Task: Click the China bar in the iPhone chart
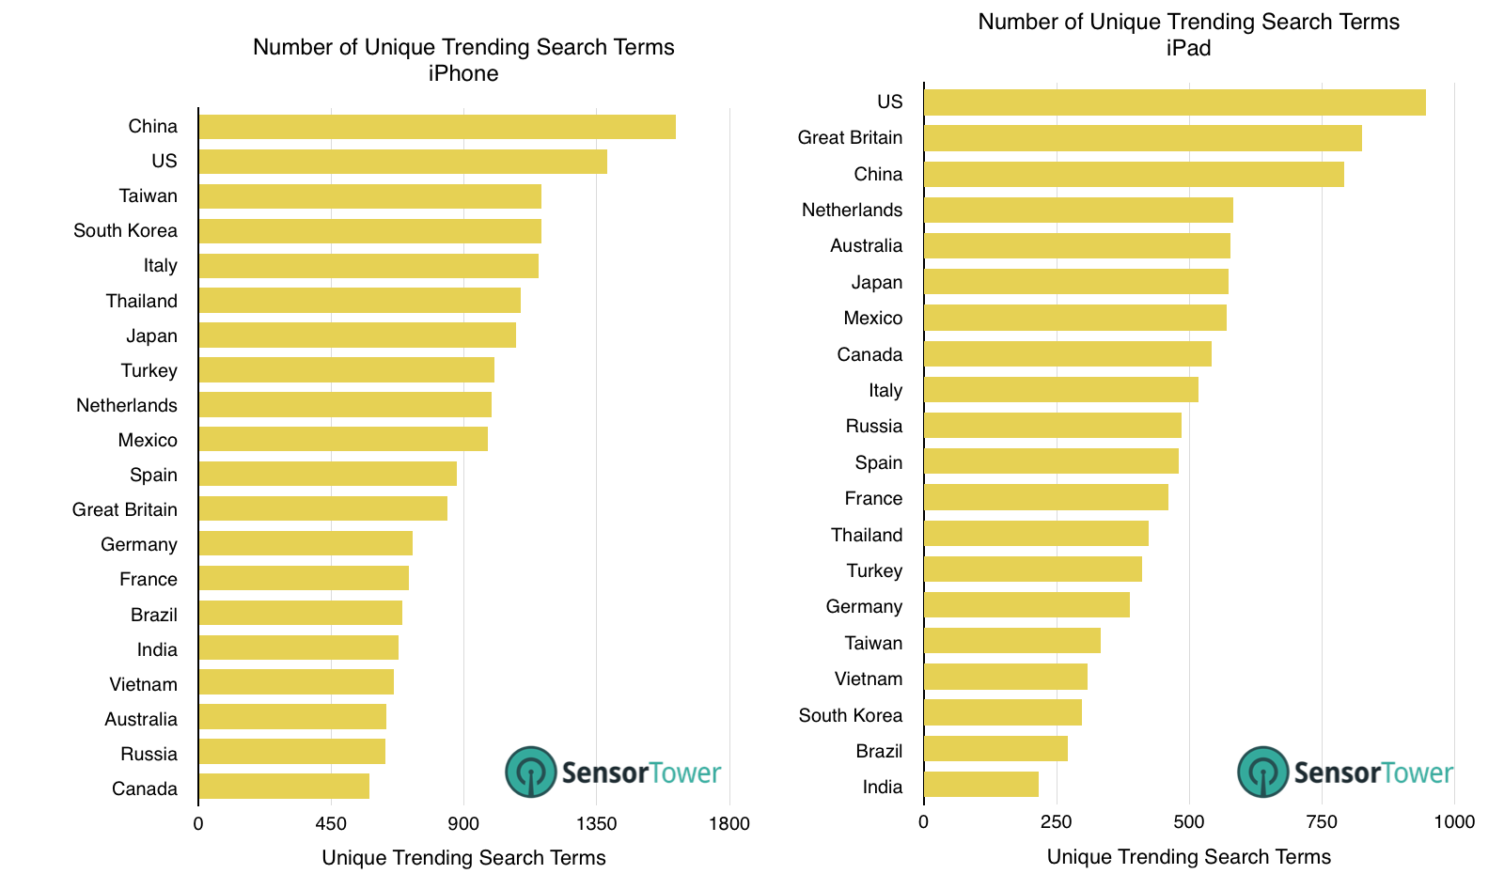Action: [437, 127]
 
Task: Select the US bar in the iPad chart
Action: [1174, 102]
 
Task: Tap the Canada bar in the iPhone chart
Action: [284, 787]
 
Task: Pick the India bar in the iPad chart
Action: [981, 785]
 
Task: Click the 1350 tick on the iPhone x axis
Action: [596, 824]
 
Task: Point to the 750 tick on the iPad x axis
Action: [1322, 822]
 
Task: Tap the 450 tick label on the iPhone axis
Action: [331, 824]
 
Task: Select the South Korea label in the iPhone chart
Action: [125, 231]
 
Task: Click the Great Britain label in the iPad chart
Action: [850, 138]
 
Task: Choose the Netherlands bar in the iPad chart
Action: [1078, 211]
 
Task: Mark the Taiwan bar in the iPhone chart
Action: [369, 196]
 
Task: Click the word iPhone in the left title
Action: [463, 73]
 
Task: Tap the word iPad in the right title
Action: [1188, 48]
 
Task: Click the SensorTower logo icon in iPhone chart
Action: [531, 773]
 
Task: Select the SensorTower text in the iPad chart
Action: [1372, 773]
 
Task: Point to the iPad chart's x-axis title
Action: [1188, 856]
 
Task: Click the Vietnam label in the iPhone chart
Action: [143, 684]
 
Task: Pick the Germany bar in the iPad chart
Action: [1026, 605]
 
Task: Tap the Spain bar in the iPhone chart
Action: [327, 474]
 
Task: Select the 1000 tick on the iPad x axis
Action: [1454, 822]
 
